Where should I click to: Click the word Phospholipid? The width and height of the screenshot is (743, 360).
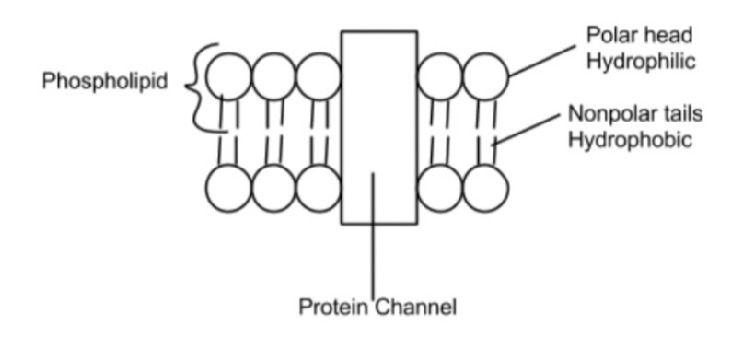tap(105, 81)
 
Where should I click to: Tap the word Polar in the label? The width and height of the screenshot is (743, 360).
tap(610, 34)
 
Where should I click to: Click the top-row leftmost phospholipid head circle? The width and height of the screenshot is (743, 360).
tap(228, 76)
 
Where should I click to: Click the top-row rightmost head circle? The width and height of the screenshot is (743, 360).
tap(485, 76)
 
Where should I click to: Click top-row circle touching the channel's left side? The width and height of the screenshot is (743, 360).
tap(319, 76)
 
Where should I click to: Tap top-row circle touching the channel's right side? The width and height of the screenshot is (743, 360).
tap(440, 76)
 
